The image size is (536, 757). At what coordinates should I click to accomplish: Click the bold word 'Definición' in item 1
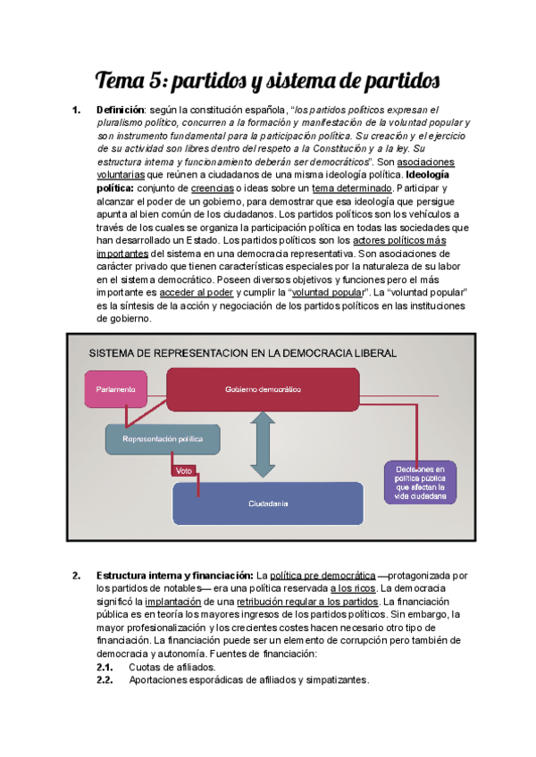(120, 111)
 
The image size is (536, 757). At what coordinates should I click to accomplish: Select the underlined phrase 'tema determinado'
(353, 189)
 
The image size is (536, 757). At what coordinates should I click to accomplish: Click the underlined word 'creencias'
(212, 189)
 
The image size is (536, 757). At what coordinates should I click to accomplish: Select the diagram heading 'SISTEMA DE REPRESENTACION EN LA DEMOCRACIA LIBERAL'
(242, 354)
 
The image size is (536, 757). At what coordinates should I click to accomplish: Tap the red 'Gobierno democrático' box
(263, 390)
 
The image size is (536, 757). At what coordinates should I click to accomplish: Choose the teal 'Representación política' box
(161, 439)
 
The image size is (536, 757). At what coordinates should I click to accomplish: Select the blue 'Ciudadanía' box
(268, 504)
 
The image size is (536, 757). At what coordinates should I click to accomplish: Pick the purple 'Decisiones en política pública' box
(419, 482)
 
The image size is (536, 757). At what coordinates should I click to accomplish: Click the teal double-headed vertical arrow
(263, 445)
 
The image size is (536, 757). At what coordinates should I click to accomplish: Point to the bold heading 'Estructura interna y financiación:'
(174, 575)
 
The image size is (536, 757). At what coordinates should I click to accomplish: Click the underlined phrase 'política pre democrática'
(322, 575)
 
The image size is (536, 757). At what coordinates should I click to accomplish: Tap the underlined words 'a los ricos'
(353, 588)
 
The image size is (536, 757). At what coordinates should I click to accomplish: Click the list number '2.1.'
(105, 667)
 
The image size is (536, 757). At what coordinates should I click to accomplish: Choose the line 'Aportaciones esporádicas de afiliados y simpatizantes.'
(248, 680)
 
